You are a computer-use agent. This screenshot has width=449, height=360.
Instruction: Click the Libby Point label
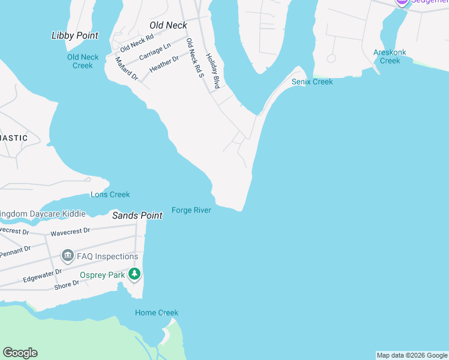[x=75, y=35]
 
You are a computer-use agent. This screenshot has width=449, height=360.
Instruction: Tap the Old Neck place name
[x=168, y=25]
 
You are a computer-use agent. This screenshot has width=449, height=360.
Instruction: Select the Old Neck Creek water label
[x=83, y=61]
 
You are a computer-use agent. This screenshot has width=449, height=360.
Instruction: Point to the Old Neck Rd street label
[x=137, y=43]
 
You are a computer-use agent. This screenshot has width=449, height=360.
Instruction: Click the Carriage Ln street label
[x=155, y=51]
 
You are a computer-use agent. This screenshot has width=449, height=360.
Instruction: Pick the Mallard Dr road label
[x=127, y=69]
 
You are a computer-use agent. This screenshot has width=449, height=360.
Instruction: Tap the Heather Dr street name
[x=164, y=64]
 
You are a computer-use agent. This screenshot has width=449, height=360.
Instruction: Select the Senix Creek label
[x=312, y=82]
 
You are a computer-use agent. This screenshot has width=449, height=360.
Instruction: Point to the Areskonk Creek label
[x=390, y=56]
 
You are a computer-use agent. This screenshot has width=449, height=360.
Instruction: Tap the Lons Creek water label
[x=110, y=194]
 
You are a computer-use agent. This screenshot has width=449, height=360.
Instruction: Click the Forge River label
[x=191, y=210]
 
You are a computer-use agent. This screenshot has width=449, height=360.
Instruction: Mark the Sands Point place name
[x=137, y=215]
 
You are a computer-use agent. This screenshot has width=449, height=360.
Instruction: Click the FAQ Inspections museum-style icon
[x=67, y=257]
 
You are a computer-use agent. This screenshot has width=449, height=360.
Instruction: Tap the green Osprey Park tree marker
[x=135, y=275]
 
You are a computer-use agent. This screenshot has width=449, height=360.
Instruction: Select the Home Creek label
[x=157, y=313]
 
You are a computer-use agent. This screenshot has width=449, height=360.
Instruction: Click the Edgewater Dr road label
[x=42, y=275]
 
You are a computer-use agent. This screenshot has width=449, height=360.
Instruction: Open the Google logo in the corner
[x=20, y=353]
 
